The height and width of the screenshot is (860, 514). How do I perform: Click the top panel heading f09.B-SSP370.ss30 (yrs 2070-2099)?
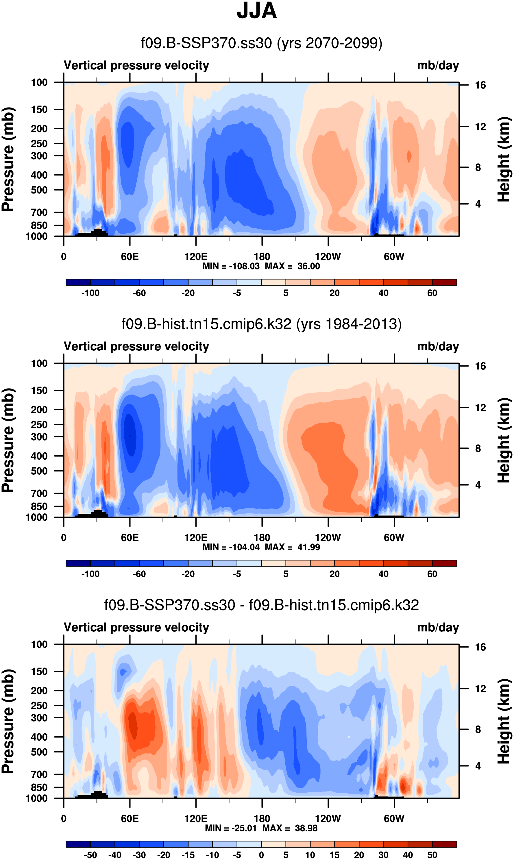[262, 43]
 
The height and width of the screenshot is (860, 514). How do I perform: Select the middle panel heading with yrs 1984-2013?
[262, 324]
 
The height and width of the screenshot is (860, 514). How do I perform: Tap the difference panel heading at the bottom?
[262, 605]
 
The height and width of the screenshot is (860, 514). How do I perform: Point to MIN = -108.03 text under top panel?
[231, 266]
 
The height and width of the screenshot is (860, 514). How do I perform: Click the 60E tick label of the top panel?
[130, 257]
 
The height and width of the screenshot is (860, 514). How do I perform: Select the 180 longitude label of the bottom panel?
[262, 818]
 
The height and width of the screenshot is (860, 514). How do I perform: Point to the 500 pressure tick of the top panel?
[39, 190]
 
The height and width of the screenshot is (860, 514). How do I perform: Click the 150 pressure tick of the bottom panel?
[39, 672]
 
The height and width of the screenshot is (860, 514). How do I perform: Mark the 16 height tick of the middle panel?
[480, 366]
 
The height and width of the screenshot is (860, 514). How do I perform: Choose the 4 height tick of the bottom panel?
[478, 766]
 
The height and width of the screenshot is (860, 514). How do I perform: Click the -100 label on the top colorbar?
[90, 293]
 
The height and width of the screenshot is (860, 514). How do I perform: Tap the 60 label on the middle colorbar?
[432, 574]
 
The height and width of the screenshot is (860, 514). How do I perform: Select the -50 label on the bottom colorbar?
[90, 855]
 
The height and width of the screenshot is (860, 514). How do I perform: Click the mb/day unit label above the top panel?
[438, 65]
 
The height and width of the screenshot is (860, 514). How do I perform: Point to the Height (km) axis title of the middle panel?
[504, 440]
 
